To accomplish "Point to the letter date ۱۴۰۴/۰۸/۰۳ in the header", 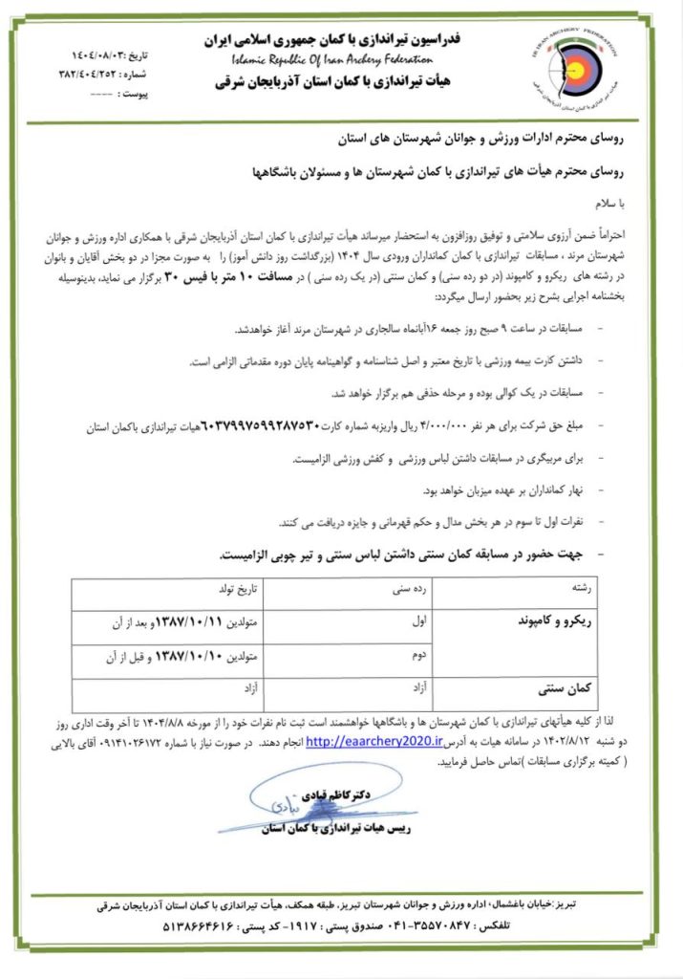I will pos(92,44).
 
